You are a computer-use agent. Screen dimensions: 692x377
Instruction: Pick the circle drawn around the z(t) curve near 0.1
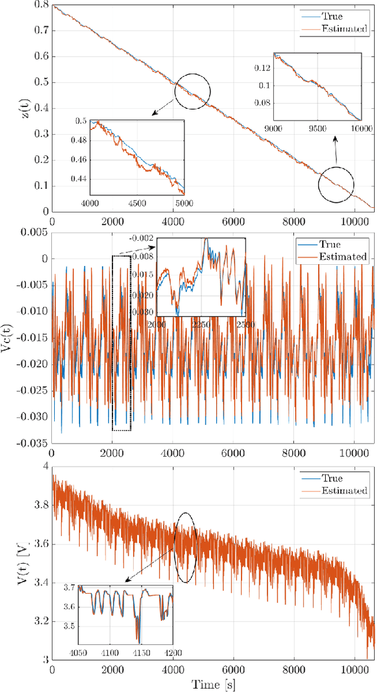pyautogui.click(x=336, y=185)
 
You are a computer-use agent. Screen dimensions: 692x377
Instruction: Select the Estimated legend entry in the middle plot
pyautogui.click(x=343, y=257)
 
